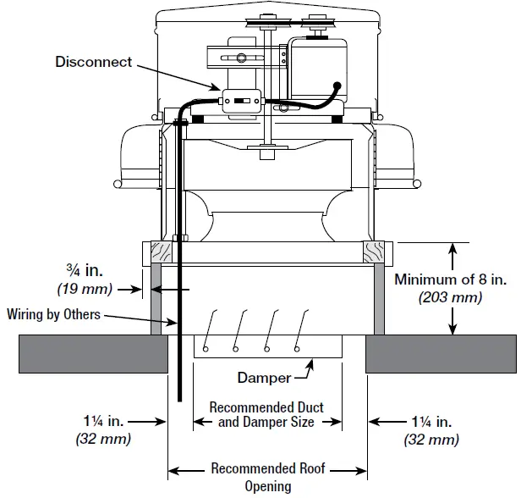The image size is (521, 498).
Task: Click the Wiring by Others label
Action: [x=54, y=315]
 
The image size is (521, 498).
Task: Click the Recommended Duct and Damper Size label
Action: [x=266, y=414]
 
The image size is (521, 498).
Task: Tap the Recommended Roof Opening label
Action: [x=267, y=476]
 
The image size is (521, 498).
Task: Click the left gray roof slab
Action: [x=93, y=353]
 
